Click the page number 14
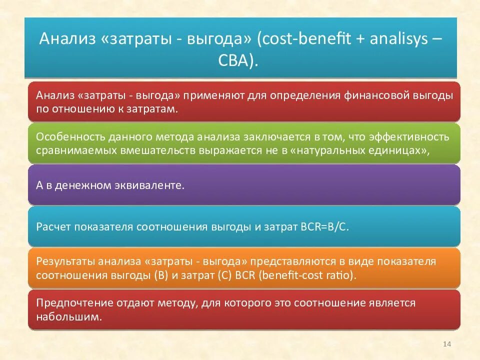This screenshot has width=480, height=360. coord(447,344)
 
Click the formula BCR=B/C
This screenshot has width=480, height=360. coord(324,226)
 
